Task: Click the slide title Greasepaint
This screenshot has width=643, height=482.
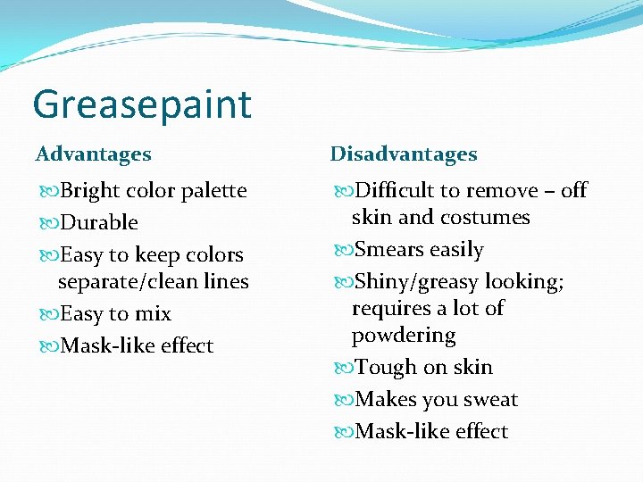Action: coord(142,104)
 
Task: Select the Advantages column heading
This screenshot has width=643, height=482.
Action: coord(93,154)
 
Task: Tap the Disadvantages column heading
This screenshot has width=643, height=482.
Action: coord(404,154)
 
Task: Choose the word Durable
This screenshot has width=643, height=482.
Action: coord(99,222)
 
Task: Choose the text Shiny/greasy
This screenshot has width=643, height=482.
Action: coord(418,282)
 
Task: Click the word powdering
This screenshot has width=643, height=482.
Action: coord(404,336)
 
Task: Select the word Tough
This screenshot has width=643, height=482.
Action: coord(384,368)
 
